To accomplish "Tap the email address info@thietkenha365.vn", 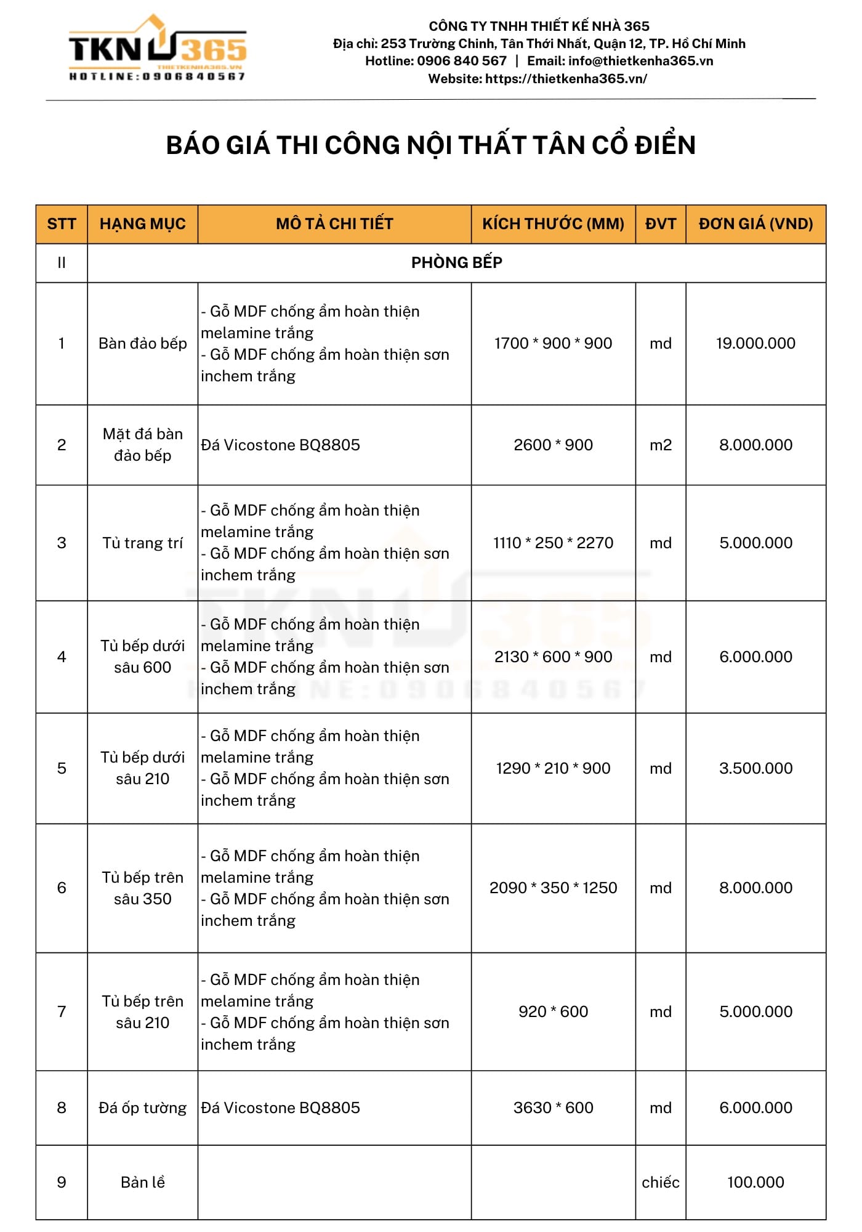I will (x=640, y=61).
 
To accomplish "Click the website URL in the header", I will (x=566, y=79).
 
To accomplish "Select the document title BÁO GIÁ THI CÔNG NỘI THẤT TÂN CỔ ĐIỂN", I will (x=431, y=145).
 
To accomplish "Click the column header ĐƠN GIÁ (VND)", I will (x=755, y=224).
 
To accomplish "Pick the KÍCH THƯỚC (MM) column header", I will (x=553, y=224).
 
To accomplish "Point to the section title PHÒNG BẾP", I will (x=456, y=262).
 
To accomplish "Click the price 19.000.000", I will (x=755, y=343).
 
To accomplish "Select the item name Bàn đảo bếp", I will (x=142, y=343).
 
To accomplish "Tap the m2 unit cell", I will (x=660, y=445).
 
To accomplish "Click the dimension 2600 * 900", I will (x=553, y=445).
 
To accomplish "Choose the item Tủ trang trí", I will (x=142, y=543).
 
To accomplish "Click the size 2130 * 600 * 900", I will (x=553, y=657).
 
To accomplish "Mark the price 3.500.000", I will (x=755, y=768).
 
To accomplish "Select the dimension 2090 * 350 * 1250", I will (x=553, y=888).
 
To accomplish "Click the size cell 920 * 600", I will (x=553, y=1011).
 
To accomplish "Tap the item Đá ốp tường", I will (x=142, y=1108).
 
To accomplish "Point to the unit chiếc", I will (x=660, y=1182).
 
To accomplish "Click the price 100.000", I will (x=755, y=1182).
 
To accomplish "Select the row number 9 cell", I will (x=62, y=1182).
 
